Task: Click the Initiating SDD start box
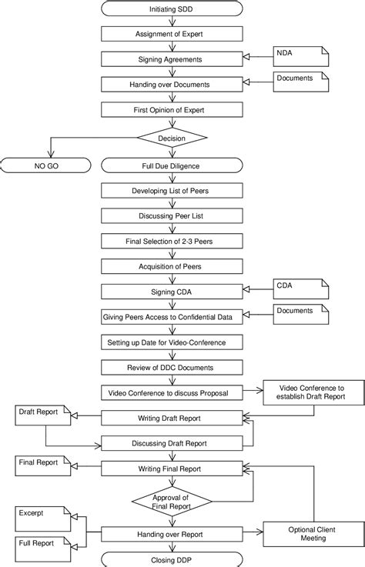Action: coord(172,8)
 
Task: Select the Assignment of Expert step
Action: coord(172,34)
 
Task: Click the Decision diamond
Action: coord(172,138)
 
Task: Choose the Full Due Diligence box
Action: coord(172,165)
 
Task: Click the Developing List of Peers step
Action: coord(172,190)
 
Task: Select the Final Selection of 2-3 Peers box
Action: coord(172,241)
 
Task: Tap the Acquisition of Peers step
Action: coord(172,266)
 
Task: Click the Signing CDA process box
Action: coord(172,292)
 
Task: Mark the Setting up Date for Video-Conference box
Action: coord(172,342)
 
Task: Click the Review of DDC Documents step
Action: coord(172,367)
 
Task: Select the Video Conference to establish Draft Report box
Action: coord(312,392)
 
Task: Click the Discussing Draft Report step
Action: coord(172,443)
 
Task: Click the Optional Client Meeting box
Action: coord(312,533)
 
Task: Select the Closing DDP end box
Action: coord(172,559)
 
